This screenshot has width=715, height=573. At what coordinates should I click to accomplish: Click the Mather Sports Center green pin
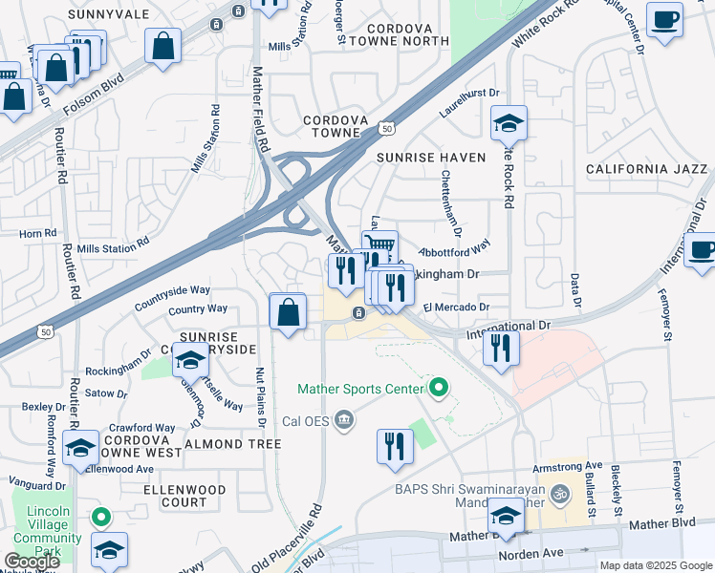439,388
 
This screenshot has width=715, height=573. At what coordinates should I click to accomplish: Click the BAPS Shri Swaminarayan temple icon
563,495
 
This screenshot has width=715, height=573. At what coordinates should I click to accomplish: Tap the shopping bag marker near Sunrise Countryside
288,312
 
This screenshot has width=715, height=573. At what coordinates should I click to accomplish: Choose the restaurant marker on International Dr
501,349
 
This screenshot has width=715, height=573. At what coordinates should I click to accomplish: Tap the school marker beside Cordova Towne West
80,448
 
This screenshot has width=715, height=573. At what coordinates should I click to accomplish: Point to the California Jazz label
646,169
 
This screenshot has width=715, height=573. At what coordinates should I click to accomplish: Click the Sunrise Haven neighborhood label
431,157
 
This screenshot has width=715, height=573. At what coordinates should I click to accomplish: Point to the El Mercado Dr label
455,308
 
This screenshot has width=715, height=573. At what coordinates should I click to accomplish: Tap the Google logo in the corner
32,562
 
